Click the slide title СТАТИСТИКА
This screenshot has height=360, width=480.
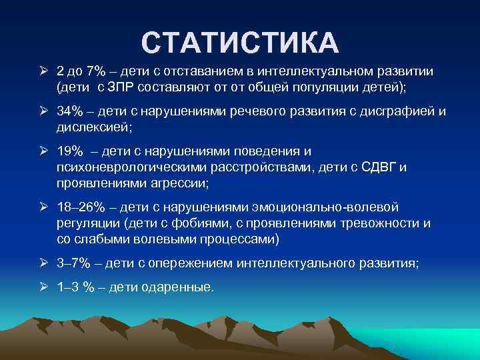[240, 42]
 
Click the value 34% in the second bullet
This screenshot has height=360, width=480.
[70, 109]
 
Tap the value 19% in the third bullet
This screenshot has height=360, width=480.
[70, 152]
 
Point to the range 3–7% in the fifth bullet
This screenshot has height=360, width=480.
[74, 263]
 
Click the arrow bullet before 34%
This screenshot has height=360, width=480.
[44, 109]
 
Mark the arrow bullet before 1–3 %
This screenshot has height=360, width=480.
[44, 288]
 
